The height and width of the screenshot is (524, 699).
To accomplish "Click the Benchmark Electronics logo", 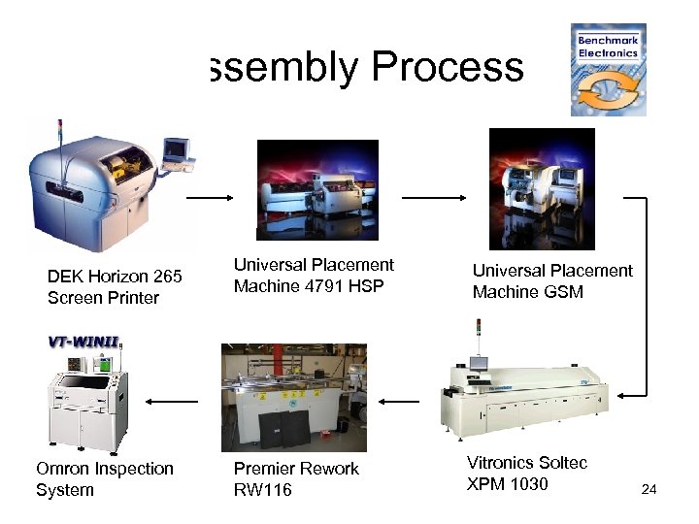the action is pos(608,70).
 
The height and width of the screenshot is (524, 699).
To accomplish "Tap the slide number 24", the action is pos(649,490).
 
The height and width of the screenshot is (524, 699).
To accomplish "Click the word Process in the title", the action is pos(448,68).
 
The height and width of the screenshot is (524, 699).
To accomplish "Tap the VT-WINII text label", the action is pos(87,342).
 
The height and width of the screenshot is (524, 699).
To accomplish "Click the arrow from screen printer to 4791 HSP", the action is pos(210,197).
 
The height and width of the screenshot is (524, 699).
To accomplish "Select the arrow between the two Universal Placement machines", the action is pos(434,197).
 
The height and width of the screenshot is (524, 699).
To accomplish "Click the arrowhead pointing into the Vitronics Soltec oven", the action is pos(627,394).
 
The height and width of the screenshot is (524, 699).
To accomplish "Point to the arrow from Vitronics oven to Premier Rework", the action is pos(398,401).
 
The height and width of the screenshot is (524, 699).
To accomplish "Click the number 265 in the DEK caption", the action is pos(165,277).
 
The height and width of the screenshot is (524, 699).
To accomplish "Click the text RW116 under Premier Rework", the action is pos(261,490).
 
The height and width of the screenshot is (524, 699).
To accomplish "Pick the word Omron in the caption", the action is pos(63,469).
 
